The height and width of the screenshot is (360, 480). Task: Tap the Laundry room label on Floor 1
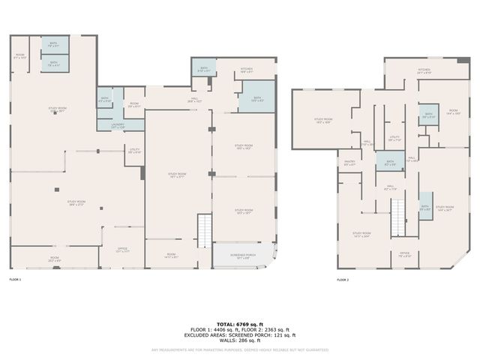(x=118, y=125)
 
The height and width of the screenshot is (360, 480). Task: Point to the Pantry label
(x=349, y=163)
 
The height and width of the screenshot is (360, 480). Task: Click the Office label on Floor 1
(x=122, y=250)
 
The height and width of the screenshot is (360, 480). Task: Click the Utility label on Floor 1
(x=134, y=151)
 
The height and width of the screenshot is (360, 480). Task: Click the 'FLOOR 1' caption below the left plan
(x=16, y=279)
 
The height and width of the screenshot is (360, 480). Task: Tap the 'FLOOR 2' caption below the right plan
(x=343, y=279)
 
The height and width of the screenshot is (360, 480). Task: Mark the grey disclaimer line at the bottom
(x=240, y=349)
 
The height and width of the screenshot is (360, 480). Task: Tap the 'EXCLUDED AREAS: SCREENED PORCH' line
(x=240, y=335)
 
